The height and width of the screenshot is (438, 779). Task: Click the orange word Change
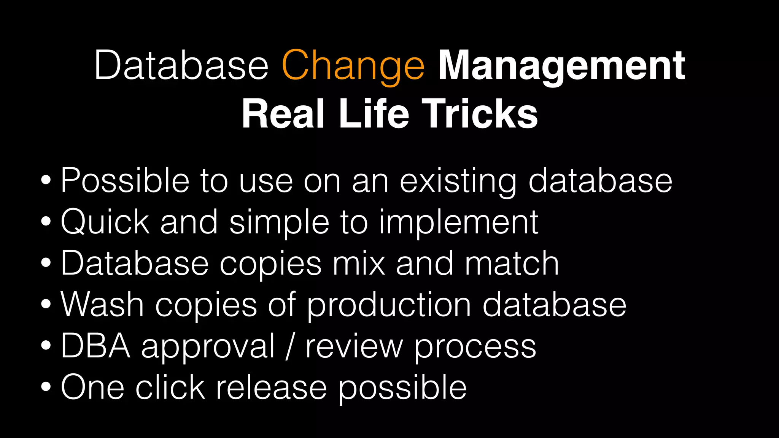click(353, 67)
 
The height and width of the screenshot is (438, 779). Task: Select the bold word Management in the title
click(561, 67)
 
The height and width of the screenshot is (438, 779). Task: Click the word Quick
click(105, 222)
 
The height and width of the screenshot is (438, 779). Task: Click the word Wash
click(102, 305)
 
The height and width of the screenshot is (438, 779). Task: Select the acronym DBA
click(95, 346)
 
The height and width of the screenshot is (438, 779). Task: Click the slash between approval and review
click(290, 346)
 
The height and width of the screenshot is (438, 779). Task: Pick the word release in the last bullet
click(271, 387)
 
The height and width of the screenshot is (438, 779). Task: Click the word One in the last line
click(92, 387)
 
